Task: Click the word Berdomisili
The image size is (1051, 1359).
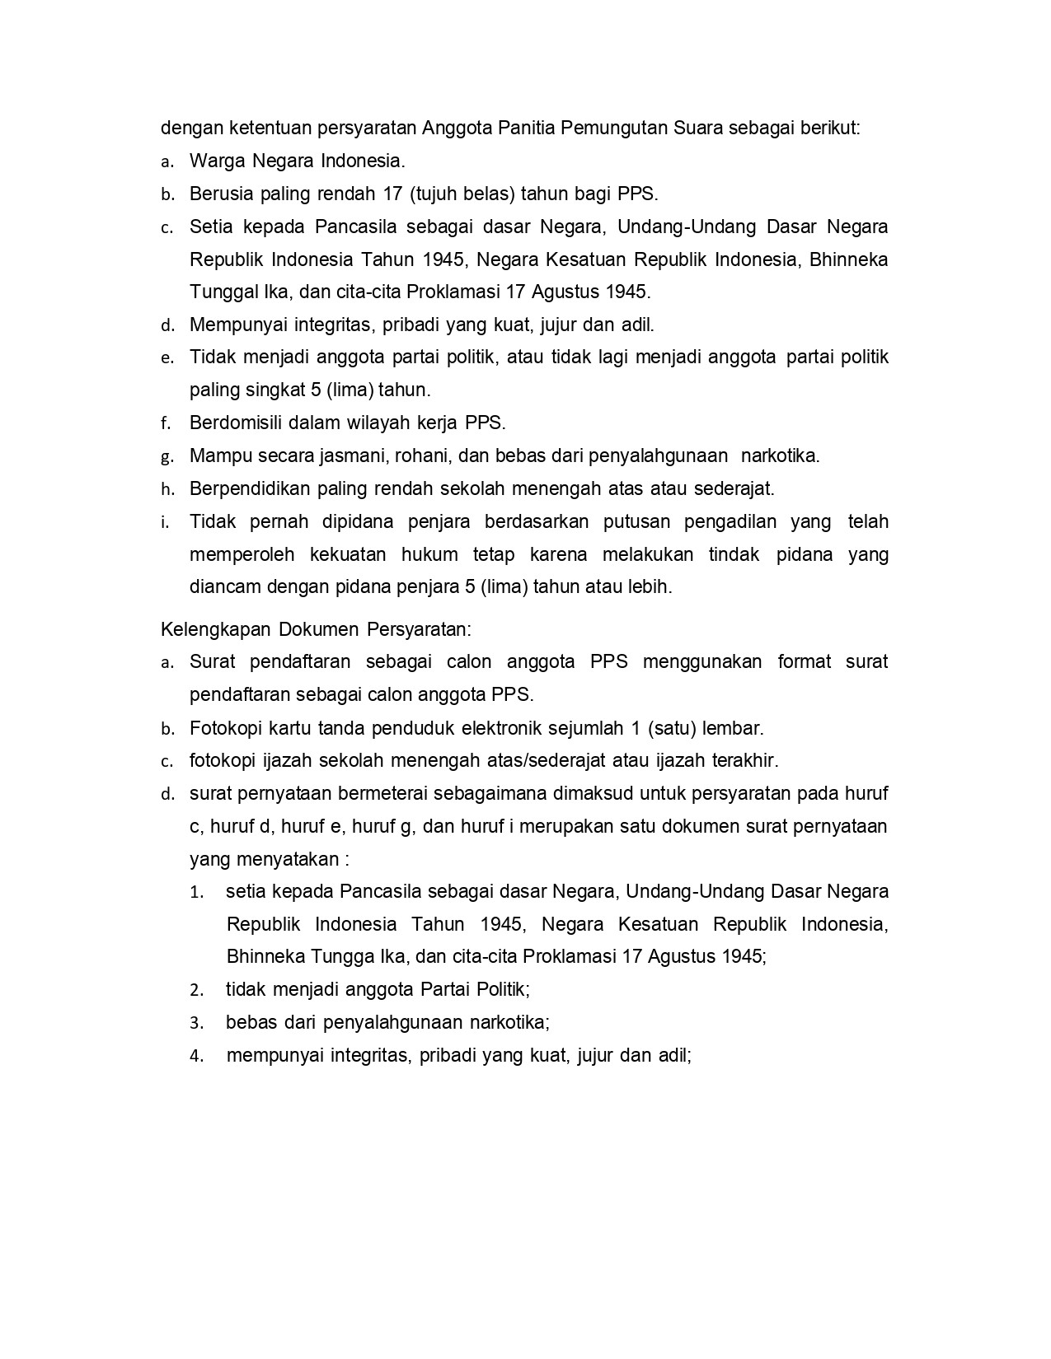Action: tap(236, 423)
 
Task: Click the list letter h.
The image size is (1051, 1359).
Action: tap(167, 490)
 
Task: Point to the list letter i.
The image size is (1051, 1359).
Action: tap(165, 522)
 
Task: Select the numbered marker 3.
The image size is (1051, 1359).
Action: tap(196, 1024)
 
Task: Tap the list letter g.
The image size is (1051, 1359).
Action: tap(167, 457)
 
